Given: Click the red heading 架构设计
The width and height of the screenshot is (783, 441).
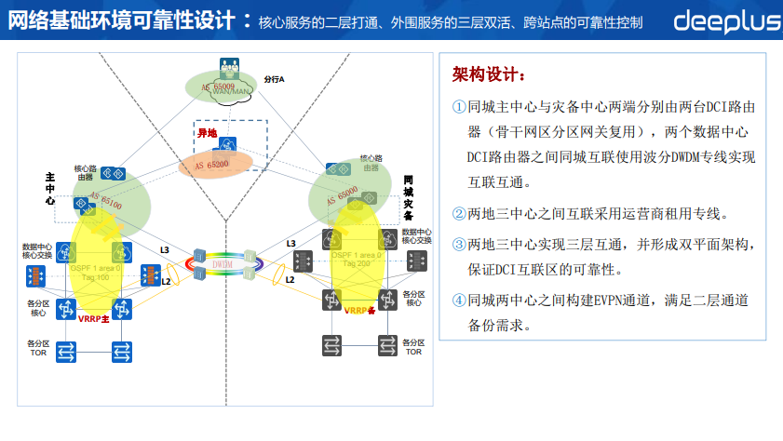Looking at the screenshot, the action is [488, 73].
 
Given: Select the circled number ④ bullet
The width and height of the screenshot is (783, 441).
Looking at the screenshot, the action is [459, 301].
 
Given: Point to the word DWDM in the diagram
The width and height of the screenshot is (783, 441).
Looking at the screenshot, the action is [223, 263].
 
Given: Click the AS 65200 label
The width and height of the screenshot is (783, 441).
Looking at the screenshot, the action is [212, 164].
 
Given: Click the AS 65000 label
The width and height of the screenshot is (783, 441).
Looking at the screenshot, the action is [343, 195].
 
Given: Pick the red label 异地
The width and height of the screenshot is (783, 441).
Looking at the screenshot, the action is [206, 133].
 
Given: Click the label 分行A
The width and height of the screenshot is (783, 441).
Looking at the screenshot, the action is [274, 79].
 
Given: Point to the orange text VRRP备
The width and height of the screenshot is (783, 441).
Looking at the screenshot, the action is [359, 310].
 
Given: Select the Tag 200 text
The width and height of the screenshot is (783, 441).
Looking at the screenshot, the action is [356, 264].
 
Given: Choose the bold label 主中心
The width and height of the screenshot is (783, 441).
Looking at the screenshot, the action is [50, 188].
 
